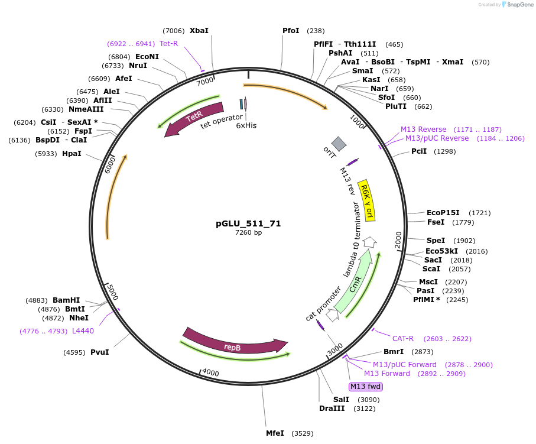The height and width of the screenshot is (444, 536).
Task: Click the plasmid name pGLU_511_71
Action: tap(248, 223)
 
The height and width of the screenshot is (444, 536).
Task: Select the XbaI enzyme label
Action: tap(199, 31)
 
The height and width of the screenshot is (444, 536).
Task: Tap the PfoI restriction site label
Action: tap(291, 31)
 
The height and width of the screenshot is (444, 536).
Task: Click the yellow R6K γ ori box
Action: tap(367, 200)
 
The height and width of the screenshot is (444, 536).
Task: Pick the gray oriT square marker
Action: tap(339, 143)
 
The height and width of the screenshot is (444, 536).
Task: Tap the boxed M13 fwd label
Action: tap(365, 387)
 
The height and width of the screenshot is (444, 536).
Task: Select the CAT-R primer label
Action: tap(403, 339)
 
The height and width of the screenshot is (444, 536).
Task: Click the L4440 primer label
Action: tap(83, 331)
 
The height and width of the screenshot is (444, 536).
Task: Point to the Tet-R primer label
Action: tap(168, 44)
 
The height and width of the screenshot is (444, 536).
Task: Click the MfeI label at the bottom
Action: tap(275, 433)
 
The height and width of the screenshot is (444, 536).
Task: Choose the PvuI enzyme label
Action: tap(99, 352)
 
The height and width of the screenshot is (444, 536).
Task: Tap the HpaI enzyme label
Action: tap(72, 154)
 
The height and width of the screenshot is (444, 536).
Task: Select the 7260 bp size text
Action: tap(248, 233)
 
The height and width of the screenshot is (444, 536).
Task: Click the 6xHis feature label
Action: tap(246, 125)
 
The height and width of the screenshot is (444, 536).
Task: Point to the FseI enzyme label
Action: tap(436, 222)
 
